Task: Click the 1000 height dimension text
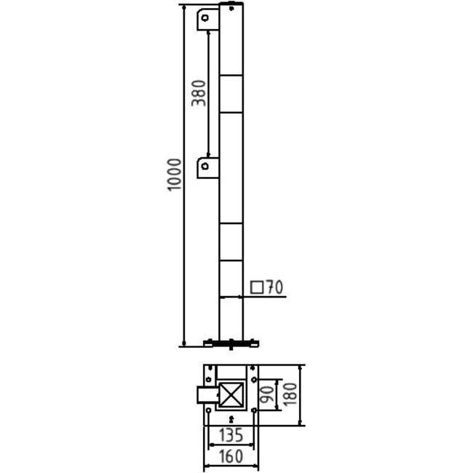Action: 173,174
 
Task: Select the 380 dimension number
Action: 199,93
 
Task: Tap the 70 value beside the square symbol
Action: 274,287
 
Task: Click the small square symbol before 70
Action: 256,287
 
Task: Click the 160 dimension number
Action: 231,456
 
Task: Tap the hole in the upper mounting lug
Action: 206,17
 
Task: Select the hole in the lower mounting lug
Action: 206,167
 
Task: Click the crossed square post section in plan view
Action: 231,396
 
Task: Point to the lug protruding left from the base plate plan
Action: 206,396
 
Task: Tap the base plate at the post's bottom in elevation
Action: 231,341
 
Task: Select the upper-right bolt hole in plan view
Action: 253,379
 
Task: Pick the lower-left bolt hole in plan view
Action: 209,412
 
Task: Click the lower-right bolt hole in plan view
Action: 253,412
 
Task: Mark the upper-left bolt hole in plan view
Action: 209,379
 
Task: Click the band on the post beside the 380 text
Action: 231,93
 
